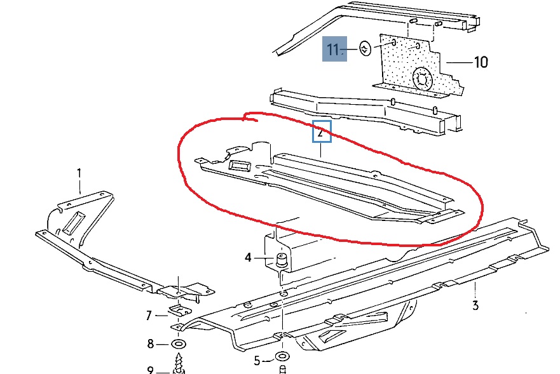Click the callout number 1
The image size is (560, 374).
coord(79,174)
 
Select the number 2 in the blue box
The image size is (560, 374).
coord(320,133)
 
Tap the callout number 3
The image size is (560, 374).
coord(475,305)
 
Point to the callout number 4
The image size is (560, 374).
coord(248,257)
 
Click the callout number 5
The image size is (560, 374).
coord(257,361)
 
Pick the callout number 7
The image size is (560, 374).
coord(149,316)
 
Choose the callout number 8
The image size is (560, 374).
coord(151,344)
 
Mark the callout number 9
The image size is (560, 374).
coord(151,370)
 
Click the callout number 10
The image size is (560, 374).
coord(481,62)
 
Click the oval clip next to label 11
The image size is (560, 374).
coord(365,48)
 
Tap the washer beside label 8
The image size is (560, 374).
coord(179,344)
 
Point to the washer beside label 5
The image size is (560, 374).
coord(282,356)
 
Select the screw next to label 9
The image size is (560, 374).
coord(179,363)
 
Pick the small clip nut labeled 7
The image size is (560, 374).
coord(179,309)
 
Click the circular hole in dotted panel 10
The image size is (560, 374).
coord(423,78)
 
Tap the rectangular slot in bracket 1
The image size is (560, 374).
coord(74,223)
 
